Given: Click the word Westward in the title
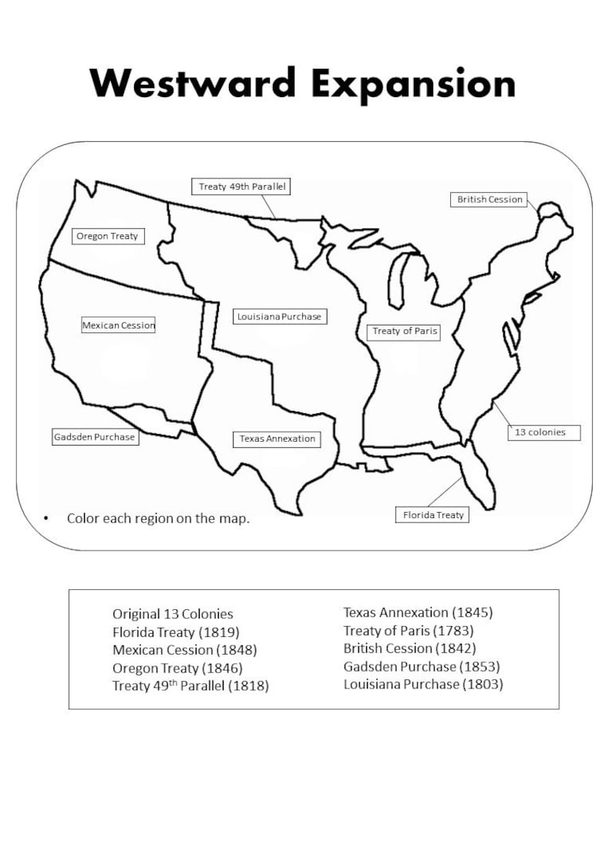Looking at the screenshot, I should pos(193,83).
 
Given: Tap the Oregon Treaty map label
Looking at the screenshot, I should pos(107,236).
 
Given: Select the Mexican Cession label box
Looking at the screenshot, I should pos(119,325).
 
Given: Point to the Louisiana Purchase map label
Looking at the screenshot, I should pos(279,316).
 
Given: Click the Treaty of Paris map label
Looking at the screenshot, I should pos(405,332).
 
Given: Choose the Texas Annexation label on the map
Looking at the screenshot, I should pos(277,439).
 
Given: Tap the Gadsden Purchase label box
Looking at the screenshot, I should pos(95,437).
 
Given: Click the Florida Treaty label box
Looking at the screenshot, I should pos(433,515).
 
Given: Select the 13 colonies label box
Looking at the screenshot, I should pos(540,433).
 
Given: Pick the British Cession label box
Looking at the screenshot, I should pos(489,200).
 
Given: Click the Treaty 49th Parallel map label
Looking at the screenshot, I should pos(241,187).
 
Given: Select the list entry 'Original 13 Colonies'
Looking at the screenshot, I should pos(173,615).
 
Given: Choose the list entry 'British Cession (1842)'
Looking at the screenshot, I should pos(409,648).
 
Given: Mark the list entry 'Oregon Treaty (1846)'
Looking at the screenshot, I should pos(177,668).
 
